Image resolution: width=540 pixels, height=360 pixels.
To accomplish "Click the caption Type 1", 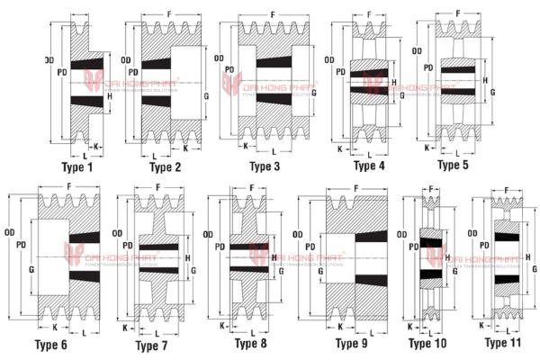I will [77, 167].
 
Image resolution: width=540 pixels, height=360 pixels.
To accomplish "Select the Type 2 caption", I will [166, 167].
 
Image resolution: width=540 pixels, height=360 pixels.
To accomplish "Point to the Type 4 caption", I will [369, 166].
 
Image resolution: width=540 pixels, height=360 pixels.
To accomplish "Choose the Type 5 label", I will [453, 165].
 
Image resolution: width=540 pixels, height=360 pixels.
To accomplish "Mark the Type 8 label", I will [251, 343].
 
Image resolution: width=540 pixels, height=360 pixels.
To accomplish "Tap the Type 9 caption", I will [352, 344].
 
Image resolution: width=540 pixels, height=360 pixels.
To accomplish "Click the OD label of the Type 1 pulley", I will [50, 60].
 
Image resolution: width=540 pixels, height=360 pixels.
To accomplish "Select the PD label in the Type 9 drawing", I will [314, 246].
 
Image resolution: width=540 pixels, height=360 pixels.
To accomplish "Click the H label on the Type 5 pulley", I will [485, 80].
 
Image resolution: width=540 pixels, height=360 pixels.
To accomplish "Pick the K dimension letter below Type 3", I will [245, 145].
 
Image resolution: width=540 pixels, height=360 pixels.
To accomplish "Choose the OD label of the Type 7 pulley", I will [116, 235].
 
